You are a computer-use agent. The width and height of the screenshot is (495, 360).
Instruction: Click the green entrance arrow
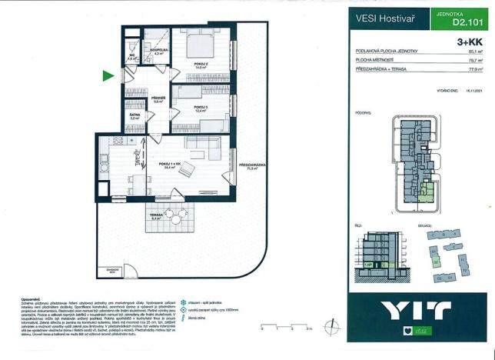108,75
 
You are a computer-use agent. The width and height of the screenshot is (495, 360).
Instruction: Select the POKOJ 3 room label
201,108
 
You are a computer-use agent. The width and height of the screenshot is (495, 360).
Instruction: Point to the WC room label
131,56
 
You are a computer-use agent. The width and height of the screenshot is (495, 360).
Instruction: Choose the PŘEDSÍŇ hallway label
158,98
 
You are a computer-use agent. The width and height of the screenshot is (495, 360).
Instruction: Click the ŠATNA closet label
135,116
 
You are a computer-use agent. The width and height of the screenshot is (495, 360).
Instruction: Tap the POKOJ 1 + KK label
170,164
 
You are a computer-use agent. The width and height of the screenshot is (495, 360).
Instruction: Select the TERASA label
155,215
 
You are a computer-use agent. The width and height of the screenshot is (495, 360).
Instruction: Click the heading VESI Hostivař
380,18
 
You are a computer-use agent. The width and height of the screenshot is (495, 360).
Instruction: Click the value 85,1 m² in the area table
477,51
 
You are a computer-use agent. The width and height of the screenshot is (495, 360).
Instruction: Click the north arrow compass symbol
331,327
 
